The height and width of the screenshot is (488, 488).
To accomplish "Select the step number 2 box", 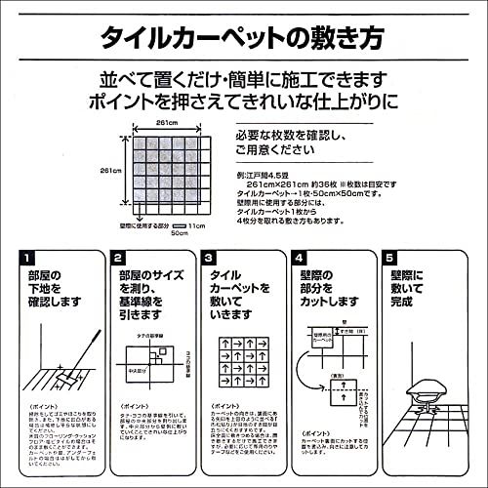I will coord(118,259).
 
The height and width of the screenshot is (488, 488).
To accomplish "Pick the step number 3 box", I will coord(208,259).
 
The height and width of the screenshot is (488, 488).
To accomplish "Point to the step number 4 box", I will coord(299,259).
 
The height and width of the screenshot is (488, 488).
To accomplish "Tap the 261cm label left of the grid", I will coord(110,170).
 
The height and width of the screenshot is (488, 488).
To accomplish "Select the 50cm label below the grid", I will coord(179,233).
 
